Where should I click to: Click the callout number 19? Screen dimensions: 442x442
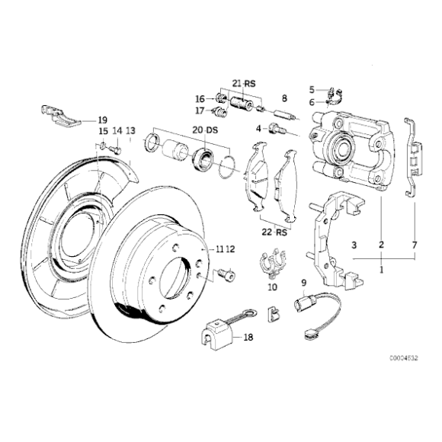[x=102, y=120]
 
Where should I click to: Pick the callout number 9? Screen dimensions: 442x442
[x=303, y=283]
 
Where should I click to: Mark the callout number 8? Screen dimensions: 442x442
[x=283, y=99]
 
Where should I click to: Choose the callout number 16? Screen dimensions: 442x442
[x=200, y=98]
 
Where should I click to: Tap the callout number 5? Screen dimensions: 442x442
[x=311, y=89]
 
